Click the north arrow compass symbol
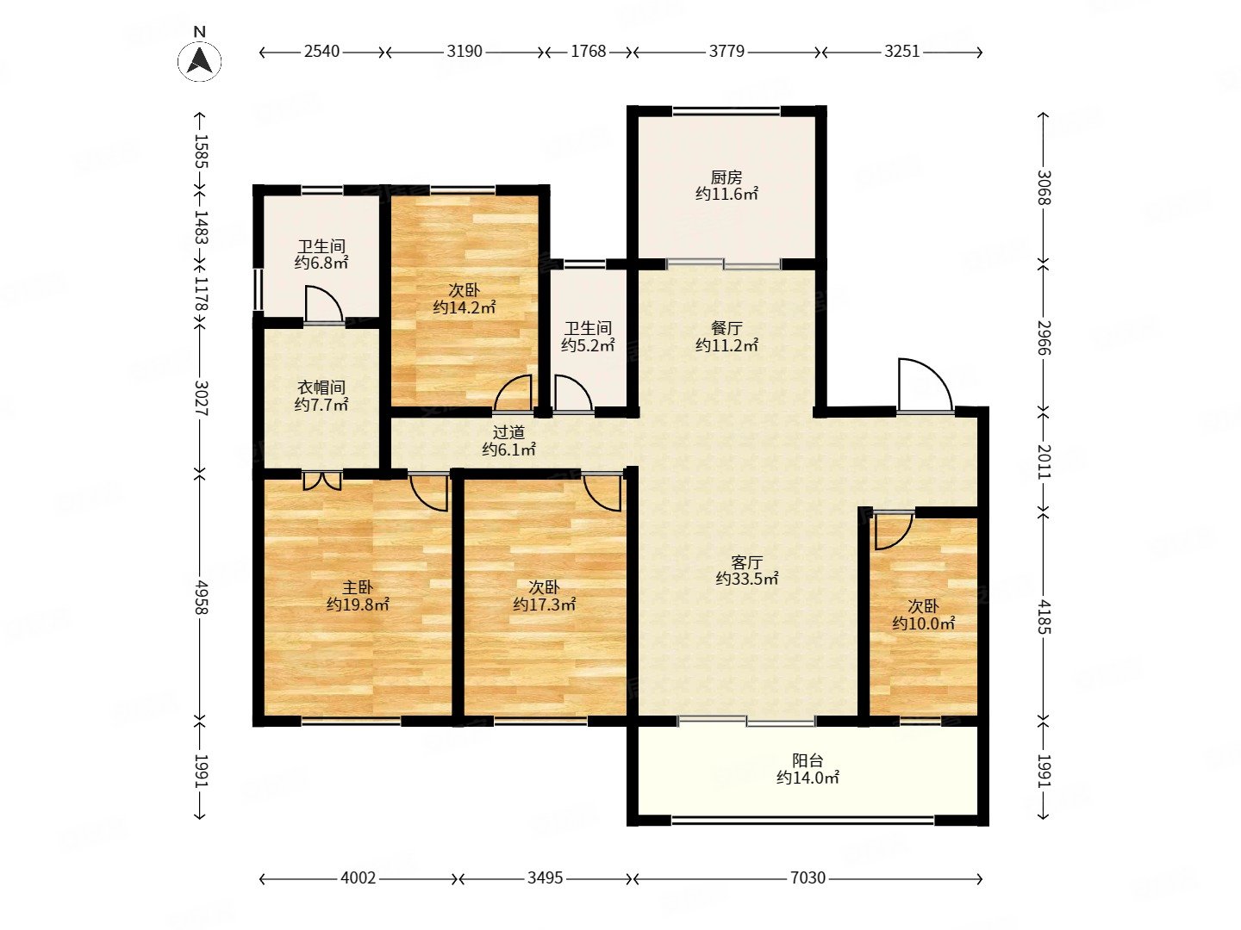click(200, 60)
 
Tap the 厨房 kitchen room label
click(727, 177)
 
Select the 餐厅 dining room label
click(727, 328)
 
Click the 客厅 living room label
click(747, 561)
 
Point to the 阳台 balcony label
click(808, 760)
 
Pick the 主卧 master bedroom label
click(358, 588)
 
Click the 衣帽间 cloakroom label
click(321, 387)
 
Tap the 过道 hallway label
click(508, 432)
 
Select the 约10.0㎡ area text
click(923, 623)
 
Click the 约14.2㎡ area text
click(465, 307)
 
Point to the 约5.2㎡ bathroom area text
click(588, 345)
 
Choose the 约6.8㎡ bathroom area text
click(321, 263)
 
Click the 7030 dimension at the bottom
click(808, 877)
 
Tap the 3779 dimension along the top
click(727, 52)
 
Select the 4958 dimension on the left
click(201, 597)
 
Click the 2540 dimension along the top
click(321, 52)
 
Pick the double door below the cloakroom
click(322, 480)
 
